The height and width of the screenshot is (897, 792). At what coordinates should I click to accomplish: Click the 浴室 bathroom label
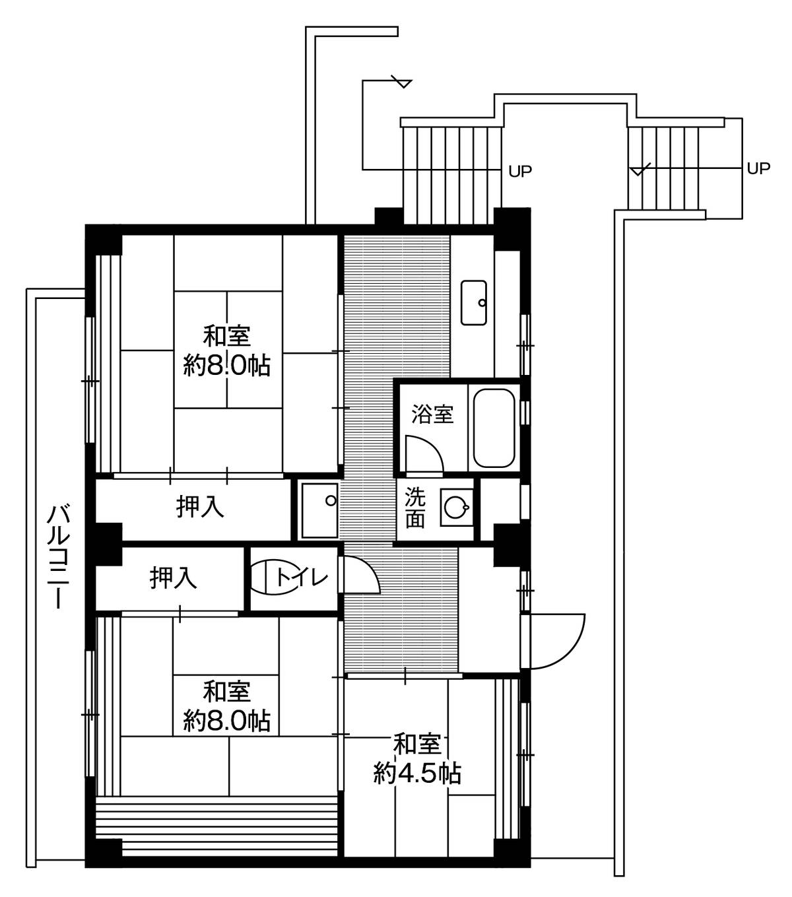[432, 414]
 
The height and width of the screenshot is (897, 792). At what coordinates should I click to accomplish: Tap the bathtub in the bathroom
[494, 428]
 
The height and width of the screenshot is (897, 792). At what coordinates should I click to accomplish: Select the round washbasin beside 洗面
[455, 507]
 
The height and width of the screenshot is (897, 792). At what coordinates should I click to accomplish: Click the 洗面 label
[415, 508]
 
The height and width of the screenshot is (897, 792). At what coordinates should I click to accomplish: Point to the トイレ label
[302, 578]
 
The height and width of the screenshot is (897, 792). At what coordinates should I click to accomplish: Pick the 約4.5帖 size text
[418, 774]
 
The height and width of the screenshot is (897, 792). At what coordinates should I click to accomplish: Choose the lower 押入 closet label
[173, 578]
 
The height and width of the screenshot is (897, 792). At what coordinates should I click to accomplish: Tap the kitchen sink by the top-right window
[474, 302]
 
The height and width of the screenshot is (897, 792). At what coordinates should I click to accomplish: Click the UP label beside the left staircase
[519, 172]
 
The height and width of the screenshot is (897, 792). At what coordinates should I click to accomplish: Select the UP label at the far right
[758, 168]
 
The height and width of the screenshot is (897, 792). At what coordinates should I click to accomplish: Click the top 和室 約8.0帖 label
[226, 350]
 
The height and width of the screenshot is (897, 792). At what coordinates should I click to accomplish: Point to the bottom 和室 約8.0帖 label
[226, 707]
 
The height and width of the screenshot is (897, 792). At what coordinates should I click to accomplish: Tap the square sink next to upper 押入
[319, 510]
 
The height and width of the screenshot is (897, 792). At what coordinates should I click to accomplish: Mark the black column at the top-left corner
[104, 240]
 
